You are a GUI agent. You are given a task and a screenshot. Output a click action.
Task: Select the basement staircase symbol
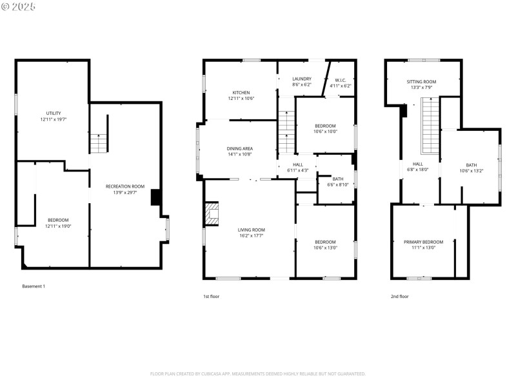[97, 143]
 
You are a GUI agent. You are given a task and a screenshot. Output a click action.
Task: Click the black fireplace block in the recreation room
[155, 197]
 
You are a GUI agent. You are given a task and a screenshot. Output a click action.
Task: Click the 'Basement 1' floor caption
[34, 286]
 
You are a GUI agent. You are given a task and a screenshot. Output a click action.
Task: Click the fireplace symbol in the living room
[212, 214]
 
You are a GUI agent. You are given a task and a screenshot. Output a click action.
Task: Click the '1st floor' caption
[212, 296]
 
